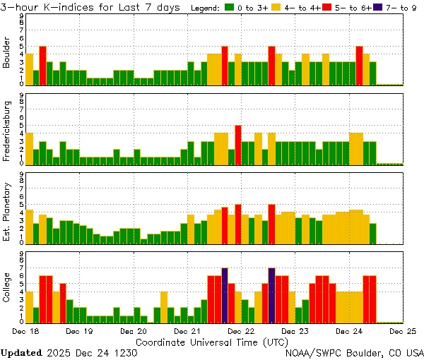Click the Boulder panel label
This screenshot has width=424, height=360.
pyautogui.click(x=7, y=53)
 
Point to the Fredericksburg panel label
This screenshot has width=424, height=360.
pyautogui.click(x=7, y=132)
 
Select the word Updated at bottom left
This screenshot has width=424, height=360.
pyautogui.click(x=21, y=352)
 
